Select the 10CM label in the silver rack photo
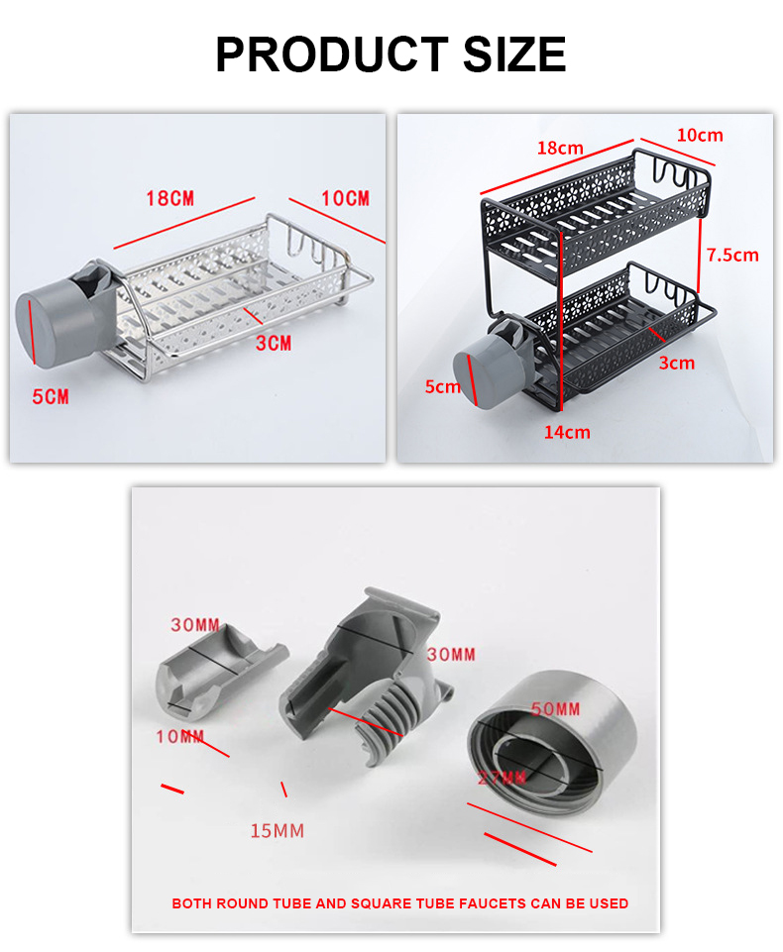coord(345,199)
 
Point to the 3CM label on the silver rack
coord(274,344)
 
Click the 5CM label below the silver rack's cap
coord(51,396)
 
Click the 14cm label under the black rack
coord(567,432)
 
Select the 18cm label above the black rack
coord(560,149)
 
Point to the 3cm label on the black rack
coord(677,364)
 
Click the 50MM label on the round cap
coord(555,709)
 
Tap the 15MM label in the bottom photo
coord(277,830)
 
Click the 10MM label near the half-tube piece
coord(179,736)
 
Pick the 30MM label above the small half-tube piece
coord(194,625)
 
